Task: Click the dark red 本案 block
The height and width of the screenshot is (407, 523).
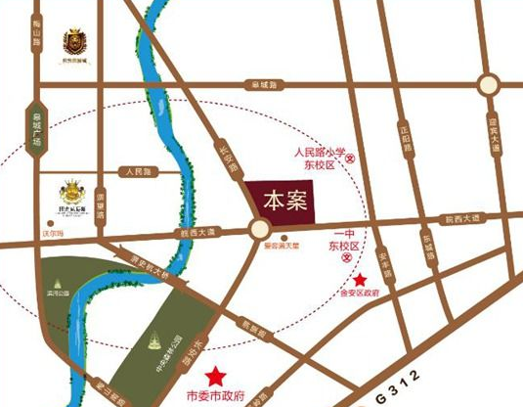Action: point(284,199)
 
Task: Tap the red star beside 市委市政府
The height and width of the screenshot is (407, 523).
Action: point(215,375)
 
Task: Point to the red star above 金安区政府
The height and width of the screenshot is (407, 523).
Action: point(361,282)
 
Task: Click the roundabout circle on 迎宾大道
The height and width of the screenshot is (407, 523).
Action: point(490,84)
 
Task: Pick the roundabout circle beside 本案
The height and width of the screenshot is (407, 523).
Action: point(259,231)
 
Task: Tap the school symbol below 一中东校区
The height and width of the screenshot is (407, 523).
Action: point(352,256)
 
